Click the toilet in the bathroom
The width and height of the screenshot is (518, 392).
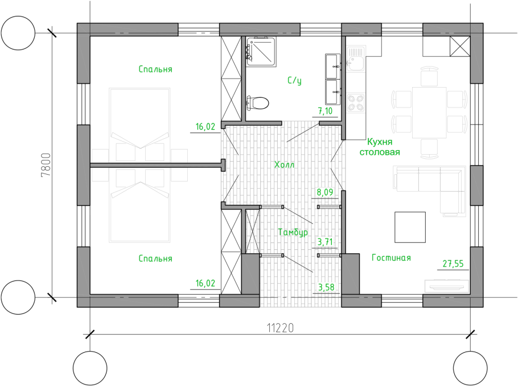[258, 103]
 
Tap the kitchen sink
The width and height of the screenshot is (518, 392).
[355, 59]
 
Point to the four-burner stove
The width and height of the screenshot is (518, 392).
[356, 102]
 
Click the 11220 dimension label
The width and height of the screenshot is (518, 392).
[280, 328]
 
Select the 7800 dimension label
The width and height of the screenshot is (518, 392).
[46, 165]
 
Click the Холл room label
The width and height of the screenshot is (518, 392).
[284, 164]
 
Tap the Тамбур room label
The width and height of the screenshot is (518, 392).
[293, 232]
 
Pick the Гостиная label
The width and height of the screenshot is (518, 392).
[391, 258]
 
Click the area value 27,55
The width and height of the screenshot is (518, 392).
[453, 264]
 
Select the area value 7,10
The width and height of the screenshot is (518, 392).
[325, 111]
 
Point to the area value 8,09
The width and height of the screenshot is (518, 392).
[324, 192]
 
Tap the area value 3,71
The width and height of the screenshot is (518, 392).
[324, 242]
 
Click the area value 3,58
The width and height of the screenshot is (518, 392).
[326, 287]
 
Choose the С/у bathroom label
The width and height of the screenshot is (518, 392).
[294, 81]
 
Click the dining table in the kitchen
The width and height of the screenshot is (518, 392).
[429, 112]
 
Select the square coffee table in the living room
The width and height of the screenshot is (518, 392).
[410, 227]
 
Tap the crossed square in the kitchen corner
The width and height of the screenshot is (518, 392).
[459, 46]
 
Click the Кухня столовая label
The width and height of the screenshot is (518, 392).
[380, 147]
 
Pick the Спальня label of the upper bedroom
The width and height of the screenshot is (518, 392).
[155, 69]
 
